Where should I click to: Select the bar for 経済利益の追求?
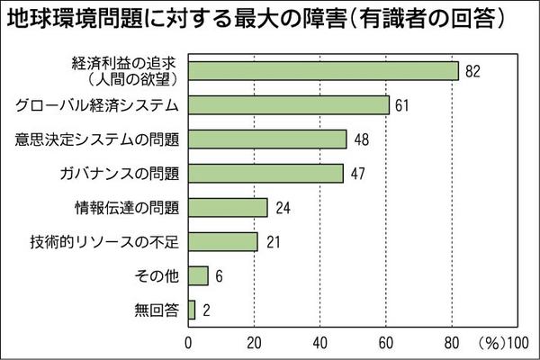(323, 71)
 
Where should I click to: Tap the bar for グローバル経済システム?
(288, 105)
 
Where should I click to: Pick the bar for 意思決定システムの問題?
(267, 139)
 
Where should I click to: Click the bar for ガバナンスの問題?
(265, 174)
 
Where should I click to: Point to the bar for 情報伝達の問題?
(228, 208)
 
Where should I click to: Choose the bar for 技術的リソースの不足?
(222, 242)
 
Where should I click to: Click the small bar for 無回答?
(192, 310)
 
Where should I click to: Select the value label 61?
(402, 105)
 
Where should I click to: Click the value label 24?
(282, 208)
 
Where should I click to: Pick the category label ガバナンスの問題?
(127, 174)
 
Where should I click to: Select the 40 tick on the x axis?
(319, 342)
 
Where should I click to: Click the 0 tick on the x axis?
(188, 342)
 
